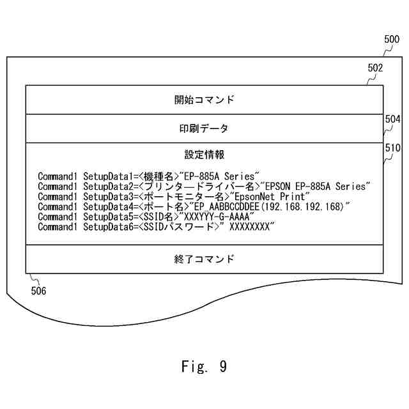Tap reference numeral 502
[376, 68]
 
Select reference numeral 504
[392, 119]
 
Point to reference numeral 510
[392, 148]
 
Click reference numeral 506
[38, 290]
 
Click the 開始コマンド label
[204, 100]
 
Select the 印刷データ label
[204, 128]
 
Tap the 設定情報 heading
[204, 155]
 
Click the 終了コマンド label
[204, 259]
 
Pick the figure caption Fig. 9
[204, 366]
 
